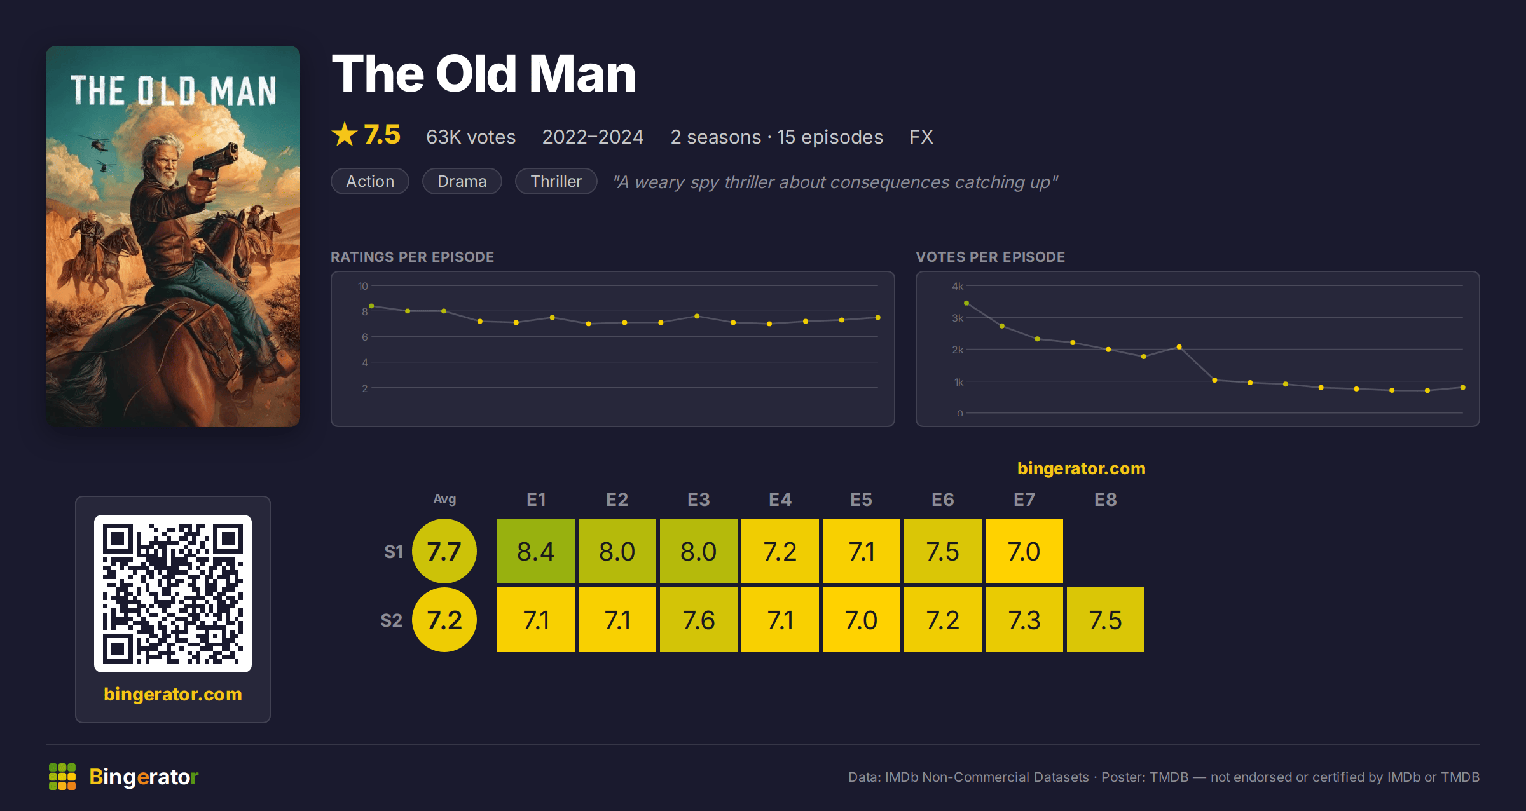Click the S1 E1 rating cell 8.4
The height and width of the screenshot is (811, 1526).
(535, 551)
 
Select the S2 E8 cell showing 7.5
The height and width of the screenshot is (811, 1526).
(1105, 620)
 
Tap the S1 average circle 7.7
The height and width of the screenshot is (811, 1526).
(444, 551)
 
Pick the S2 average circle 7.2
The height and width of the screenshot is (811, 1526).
(444, 620)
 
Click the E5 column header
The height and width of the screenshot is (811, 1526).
(861, 500)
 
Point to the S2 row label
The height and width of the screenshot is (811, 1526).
(391, 620)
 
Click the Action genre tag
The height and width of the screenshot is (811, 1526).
(370, 181)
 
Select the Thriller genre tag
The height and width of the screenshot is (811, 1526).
(556, 181)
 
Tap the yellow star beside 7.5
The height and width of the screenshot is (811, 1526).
(345, 134)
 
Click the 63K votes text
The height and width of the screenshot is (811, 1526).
(471, 137)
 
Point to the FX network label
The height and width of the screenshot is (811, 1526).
(921, 137)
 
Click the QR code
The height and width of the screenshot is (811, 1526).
(173, 594)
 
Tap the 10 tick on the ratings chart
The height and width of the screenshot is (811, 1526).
(362, 286)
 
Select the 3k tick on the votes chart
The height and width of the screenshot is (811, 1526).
(958, 318)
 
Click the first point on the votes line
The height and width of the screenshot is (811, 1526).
(966, 303)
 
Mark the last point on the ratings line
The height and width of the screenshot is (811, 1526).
(877, 317)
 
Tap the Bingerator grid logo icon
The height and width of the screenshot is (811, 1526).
(62, 777)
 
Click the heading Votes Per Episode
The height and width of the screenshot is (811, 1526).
(990, 257)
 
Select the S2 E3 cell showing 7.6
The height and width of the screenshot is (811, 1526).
(698, 620)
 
